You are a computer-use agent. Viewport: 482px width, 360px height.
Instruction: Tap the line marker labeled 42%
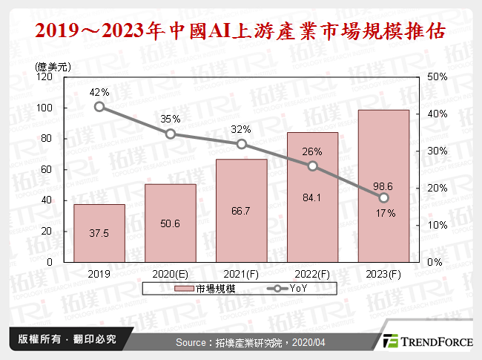tap(99, 107)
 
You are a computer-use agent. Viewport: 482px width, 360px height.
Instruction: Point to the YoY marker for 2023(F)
tap(383, 197)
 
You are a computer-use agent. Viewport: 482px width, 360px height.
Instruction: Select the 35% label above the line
tap(171, 118)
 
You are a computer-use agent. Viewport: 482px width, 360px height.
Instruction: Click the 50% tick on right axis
tap(438, 76)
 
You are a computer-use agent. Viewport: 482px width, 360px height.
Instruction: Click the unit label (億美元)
tap(53, 65)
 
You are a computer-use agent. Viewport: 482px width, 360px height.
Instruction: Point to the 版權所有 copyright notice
tap(62, 340)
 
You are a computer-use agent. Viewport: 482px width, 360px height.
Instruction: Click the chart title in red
tap(241, 31)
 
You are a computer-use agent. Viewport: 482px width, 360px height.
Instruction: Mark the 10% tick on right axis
tap(438, 225)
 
